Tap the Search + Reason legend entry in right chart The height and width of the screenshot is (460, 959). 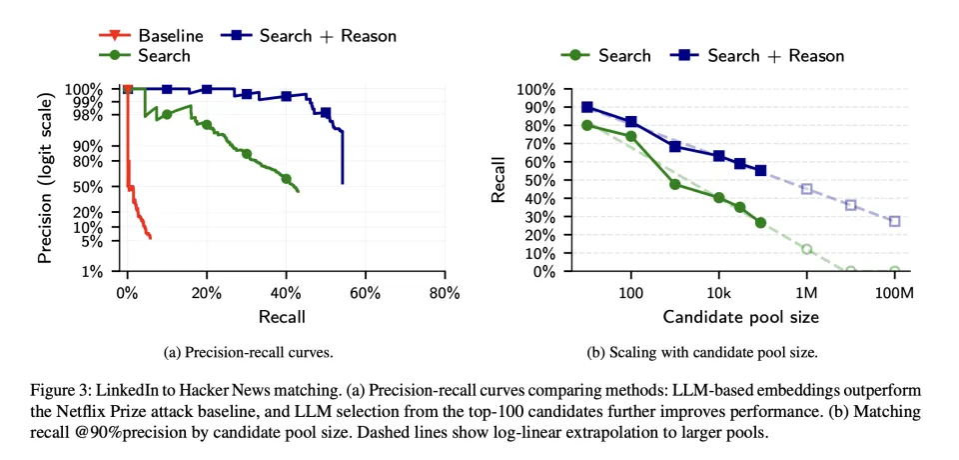pyautogui.click(x=775, y=56)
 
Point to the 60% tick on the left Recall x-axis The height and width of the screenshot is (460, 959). pyautogui.click(x=366, y=293)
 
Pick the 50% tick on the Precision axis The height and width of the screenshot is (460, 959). pyautogui.click(x=90, y=186)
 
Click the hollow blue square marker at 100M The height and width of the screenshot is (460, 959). pyautogui.click(x=894, y=221)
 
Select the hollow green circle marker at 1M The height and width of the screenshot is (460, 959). pyautogui.click(x=806, y=249)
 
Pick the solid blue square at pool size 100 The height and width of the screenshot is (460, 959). pyautogui.click(x=630, y=121)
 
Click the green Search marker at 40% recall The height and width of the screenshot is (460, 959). pyautogui.click(x=287, y=179)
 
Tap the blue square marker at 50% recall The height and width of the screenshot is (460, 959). pyautogui.click(x=326, y=113)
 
